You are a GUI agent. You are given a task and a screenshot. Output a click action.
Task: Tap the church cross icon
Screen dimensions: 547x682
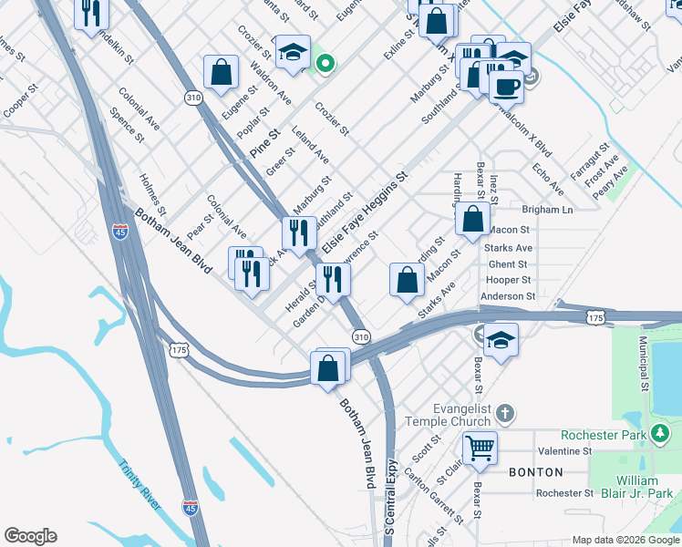[x=505, y=416]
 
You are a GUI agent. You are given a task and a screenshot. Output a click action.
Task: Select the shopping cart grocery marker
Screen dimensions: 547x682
[x=480, y=448]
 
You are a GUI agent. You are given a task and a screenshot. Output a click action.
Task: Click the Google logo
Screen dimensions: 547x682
[x=30, y=536]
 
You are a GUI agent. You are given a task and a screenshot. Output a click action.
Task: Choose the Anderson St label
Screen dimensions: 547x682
[x=508, y=296]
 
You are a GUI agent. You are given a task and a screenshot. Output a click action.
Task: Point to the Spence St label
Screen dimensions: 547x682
[x=127, y=127]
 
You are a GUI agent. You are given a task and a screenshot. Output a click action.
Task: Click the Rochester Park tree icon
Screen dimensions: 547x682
[x=656, y=435]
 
